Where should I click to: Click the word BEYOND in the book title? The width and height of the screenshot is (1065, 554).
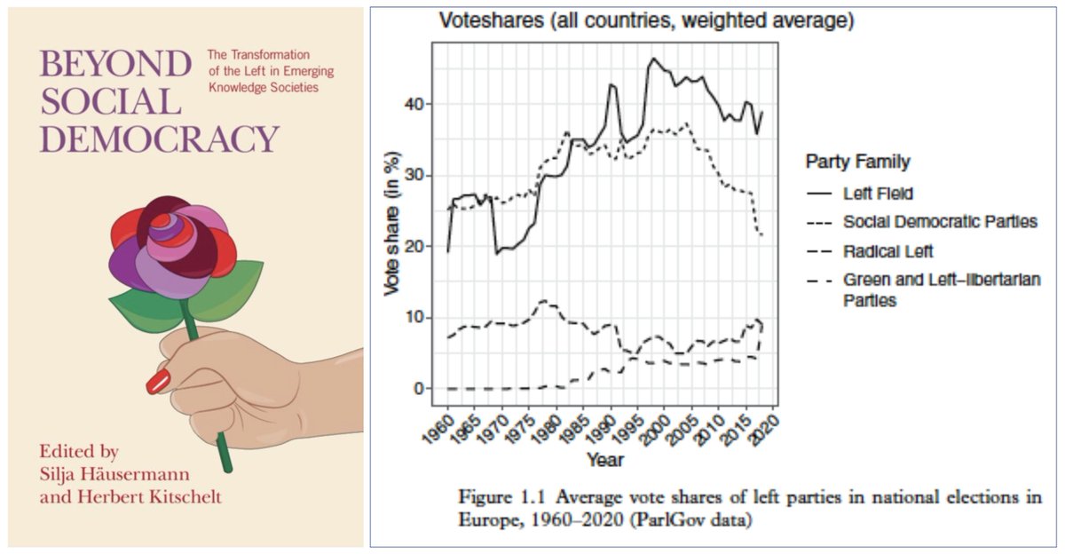(x=115, y=66)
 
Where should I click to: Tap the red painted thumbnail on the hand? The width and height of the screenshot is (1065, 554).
(x=158, y=383)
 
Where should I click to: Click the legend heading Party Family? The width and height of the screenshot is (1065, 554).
(x=857, y=162)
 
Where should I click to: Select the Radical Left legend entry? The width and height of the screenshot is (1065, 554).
(x=889, y=251)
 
